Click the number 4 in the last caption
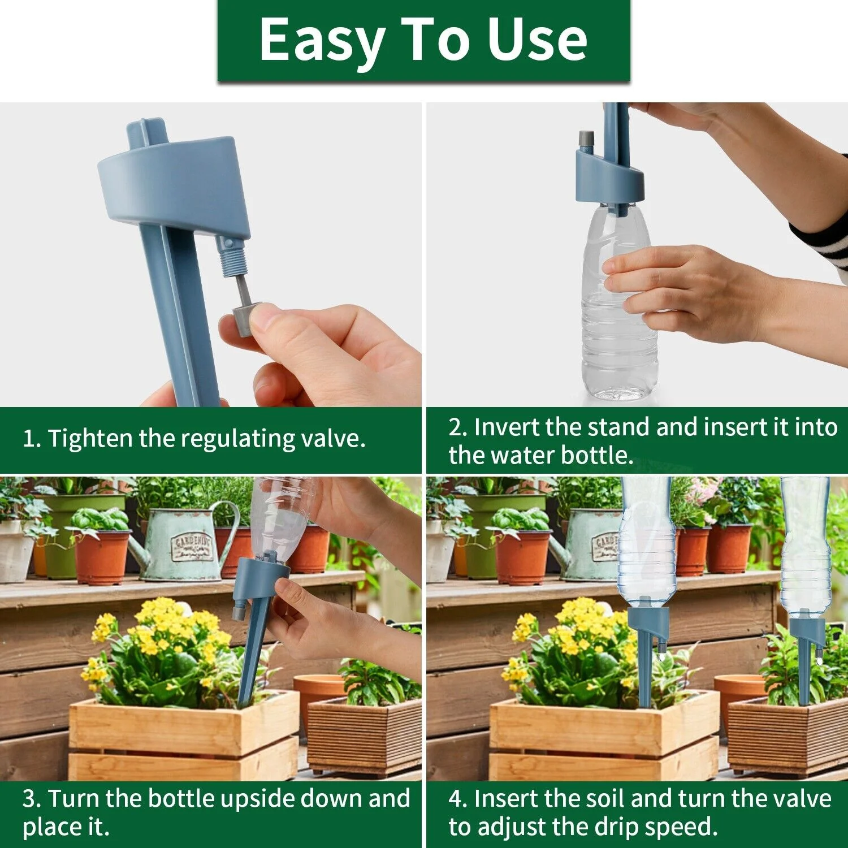click(x=456, y=799)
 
